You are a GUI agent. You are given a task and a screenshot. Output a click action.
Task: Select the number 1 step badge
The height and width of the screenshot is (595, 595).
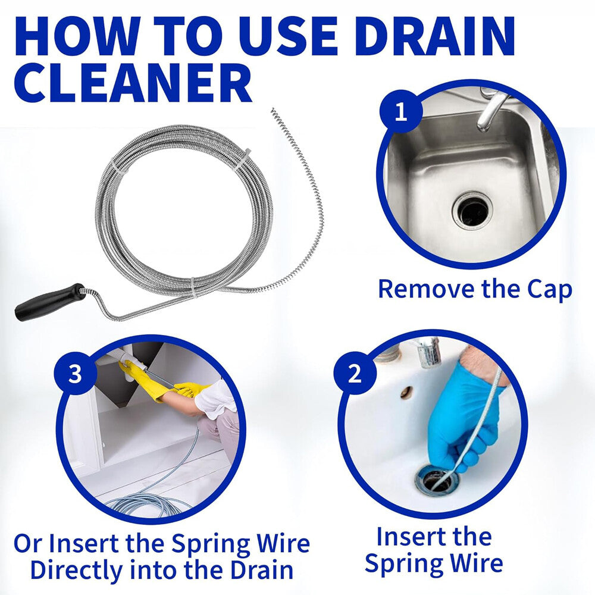(401, 111)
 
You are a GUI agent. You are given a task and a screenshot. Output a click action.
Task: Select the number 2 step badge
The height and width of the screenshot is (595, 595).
(355, 374)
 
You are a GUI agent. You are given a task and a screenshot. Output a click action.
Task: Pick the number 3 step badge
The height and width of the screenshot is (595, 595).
(76, 374)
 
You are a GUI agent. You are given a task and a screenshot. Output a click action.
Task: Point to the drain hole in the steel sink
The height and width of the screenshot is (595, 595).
(472, 210)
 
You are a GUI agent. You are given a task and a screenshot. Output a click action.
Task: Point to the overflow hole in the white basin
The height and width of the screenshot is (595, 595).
(407, 392)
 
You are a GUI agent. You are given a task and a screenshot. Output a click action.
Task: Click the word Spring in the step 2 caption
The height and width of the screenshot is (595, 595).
(404, 562)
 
